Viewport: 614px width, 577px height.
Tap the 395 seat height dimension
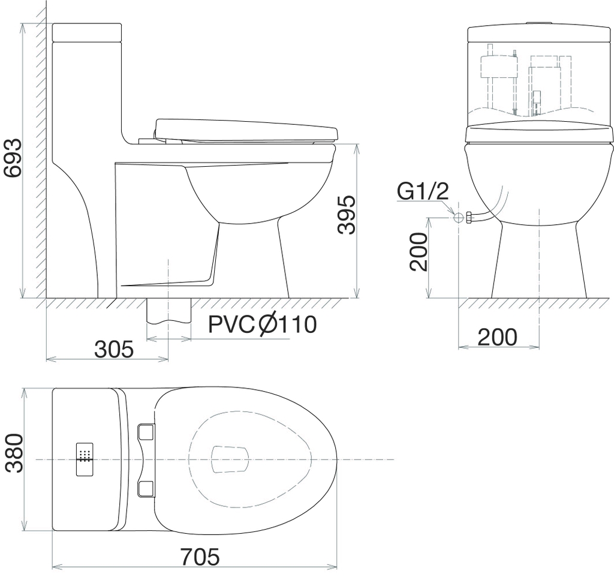pos(347,215)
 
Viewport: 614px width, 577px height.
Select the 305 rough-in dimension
pos(114,349)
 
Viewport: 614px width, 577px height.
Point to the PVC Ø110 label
pos(262,324)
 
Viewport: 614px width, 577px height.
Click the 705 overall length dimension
pos(200,557)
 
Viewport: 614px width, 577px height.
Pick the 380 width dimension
pos(14,453)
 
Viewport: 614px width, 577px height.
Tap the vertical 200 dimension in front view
pos(418,252)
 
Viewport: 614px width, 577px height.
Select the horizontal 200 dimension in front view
pos(497,337)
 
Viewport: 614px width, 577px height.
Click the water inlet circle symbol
pos(458,218)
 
